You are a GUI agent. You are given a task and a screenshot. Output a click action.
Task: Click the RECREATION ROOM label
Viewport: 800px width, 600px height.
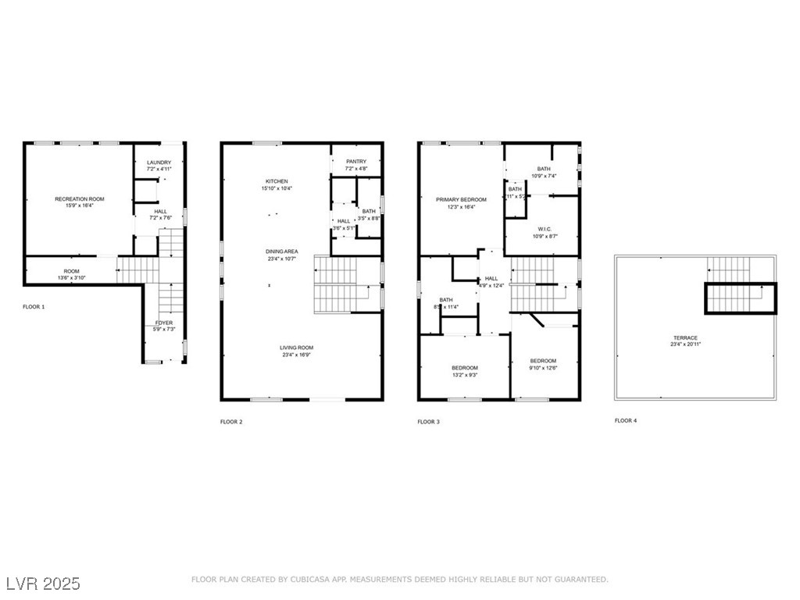pyautogui.click(x=79, y=199)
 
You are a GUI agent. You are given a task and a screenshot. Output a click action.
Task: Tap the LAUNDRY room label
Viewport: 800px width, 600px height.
pyautogui.click(x=159, y=162)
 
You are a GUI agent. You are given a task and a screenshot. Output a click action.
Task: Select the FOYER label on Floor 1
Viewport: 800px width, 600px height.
pyautogui.click(x=163, y=323)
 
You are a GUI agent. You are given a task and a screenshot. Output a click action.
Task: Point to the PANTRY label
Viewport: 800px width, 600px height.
pyautogui.click(x=356, y=162)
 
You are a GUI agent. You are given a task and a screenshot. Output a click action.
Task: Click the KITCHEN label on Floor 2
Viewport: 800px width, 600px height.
pyautogui.click(x=277, y=181)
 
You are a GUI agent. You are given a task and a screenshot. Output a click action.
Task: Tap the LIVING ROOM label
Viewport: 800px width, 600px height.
pyautogui.click(x=297, y=348)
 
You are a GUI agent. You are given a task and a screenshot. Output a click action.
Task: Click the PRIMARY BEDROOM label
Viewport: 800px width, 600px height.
pyautogui.click(x=461, y=200)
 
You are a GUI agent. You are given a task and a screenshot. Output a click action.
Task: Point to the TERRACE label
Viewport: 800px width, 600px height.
pyautogui.click(x=684, y=338)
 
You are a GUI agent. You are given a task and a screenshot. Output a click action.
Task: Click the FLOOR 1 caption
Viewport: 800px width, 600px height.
pyautogui.click(x=34, y=307)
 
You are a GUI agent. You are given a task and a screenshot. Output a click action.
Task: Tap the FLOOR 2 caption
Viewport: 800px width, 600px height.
pyautogui.click(x=231, y=422)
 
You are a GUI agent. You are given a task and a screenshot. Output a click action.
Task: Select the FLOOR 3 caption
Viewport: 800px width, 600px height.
pyautogui.click(x=428, y=422)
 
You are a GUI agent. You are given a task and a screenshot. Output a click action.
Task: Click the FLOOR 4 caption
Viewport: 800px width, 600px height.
pyautogui.click(x=626, y=420)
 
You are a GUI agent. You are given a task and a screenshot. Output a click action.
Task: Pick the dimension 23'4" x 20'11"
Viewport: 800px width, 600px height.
pyautogui.click(x=684, y=345)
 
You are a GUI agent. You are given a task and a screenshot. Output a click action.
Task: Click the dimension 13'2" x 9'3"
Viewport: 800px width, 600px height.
pyautogui.click(x=464, y=375)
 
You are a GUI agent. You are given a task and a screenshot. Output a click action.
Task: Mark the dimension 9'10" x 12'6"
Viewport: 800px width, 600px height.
pyautogui.click(x=543, y=368)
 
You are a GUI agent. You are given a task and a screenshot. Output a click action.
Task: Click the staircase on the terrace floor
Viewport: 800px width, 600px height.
pyautogui.click(x=741, y=298)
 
